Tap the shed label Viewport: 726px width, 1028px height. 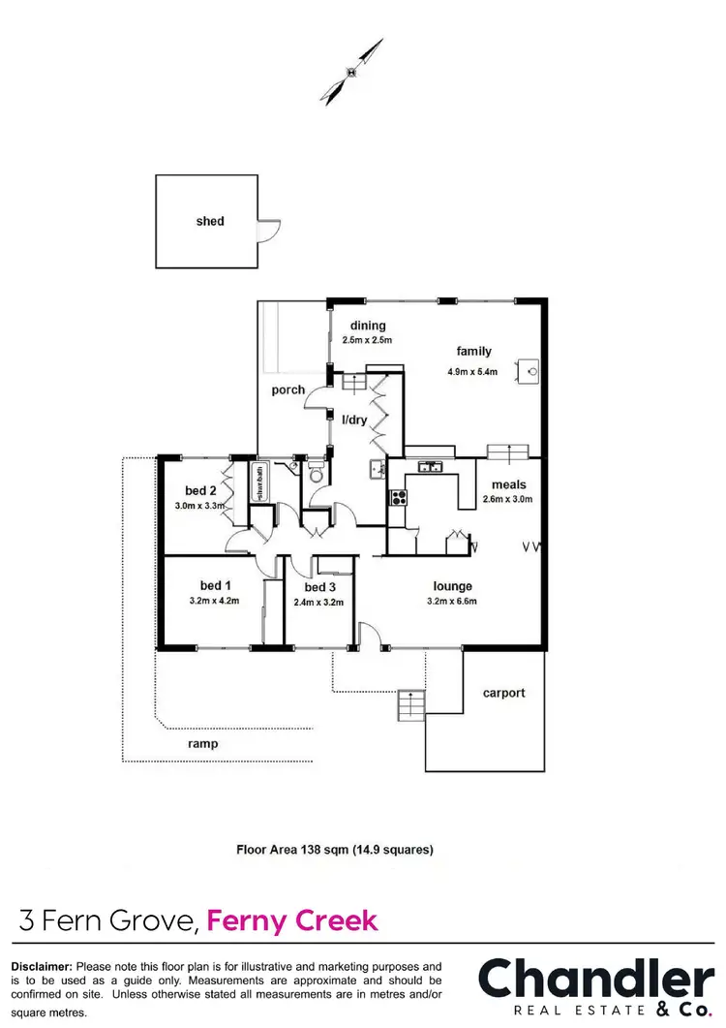click(x=210, y=221)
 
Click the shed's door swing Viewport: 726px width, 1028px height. click(x=269, y=231)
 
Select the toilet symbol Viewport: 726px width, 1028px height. click(x=315, y=474)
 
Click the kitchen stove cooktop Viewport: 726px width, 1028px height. click(x=397, y=498)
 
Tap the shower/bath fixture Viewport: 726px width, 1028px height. click(x=260, y=483)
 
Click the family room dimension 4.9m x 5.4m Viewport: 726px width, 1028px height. click(x=473, y=371)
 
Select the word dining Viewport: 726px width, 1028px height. click(x=368, y=326)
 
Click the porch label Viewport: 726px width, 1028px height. click(x=287, y=390)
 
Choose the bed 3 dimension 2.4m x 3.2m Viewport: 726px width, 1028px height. click(x=318, y=602)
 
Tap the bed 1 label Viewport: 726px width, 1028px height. click(x=215, y=585)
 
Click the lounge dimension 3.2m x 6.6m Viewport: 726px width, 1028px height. click(x=452, y=602)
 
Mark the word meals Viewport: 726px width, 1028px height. click(x=507, y=484)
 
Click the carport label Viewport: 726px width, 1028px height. click(x=503, y=693)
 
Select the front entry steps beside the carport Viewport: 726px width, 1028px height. click(x=410, y=703)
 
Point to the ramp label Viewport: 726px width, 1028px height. click(x=203, y=744)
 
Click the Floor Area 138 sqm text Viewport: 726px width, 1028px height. click(x=335, y=850)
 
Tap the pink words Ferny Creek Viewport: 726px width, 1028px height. click(x=293, y=919)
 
